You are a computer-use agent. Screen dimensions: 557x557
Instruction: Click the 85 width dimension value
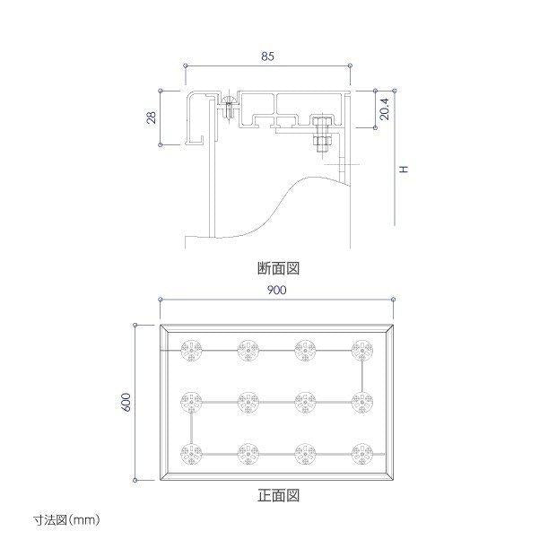point(268,57)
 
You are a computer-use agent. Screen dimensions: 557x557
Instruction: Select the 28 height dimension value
point(152,117)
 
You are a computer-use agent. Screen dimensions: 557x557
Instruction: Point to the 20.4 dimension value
point(385,109)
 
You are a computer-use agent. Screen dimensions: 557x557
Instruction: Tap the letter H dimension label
point(405,170)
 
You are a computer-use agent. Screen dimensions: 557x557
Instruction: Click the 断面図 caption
point(278,268)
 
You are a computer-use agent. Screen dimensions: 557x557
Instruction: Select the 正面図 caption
point(278,495)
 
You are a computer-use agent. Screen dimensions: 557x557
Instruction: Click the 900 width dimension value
point(277,291)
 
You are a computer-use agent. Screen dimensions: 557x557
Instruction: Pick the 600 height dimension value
point(126,402)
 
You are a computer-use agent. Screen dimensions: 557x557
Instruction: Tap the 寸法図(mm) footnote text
point(66,520)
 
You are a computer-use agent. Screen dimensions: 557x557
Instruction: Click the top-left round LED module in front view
point(191,351)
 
